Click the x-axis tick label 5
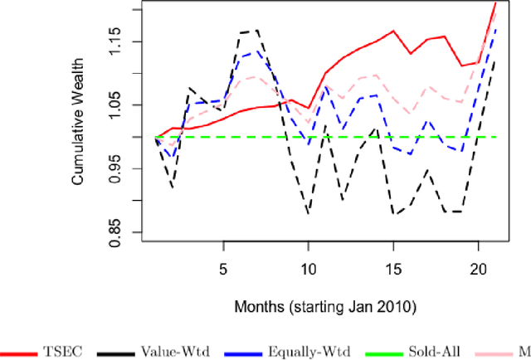coord(223,270)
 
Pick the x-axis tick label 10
coord(308,270)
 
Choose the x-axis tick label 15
coord(392,270)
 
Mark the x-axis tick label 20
coord(478,270)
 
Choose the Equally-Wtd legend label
coord(314,351)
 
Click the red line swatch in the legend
coord(22,351)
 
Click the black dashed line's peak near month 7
coord(257,30)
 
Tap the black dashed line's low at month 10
coord(308,214)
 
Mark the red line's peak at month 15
coord(393,31)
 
